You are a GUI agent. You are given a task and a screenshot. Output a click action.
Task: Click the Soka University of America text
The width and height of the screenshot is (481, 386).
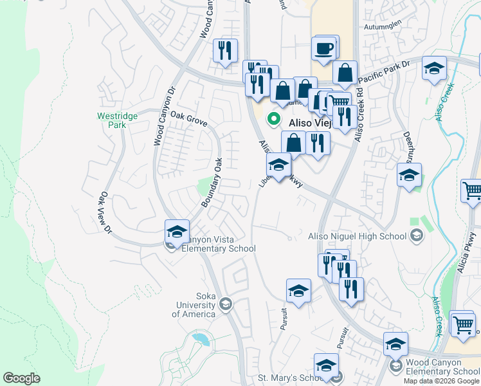click(x=194, y=309)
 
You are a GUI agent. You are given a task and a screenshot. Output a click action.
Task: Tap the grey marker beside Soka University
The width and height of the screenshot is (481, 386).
click(x=226, y=302)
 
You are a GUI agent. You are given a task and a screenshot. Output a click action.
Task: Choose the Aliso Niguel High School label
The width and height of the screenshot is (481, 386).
click(x=358, y=236)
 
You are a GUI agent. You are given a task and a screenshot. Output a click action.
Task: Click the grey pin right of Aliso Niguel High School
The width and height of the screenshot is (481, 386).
click(x=417, y=236)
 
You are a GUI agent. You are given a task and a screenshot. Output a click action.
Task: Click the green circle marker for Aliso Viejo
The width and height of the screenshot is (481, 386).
click(x=273, y=118)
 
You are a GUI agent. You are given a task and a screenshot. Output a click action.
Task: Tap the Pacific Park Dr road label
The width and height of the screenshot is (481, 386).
click(x=385, y=70)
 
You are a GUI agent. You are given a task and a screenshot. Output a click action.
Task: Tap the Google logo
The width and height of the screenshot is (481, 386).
click(x=21, y=378)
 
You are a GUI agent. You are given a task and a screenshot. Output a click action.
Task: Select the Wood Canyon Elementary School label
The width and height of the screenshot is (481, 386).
click(x=442, y=367)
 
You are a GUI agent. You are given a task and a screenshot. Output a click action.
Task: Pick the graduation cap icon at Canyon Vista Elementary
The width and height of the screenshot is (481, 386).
click(x=176, y=232)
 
